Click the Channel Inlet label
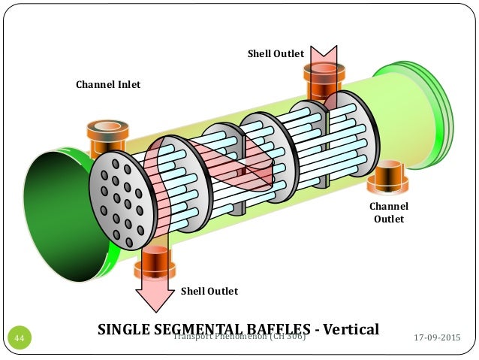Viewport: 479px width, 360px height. coord(107,84)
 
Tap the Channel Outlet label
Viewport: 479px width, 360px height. coord(389,213)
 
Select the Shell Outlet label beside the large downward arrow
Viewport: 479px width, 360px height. coord(209,291)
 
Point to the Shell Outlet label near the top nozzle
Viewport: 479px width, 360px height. coord(276,53)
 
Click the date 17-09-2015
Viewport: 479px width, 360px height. coord(438,338)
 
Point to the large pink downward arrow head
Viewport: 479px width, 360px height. coord(153,297)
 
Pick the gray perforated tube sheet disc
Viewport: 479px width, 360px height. coord(120,199)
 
